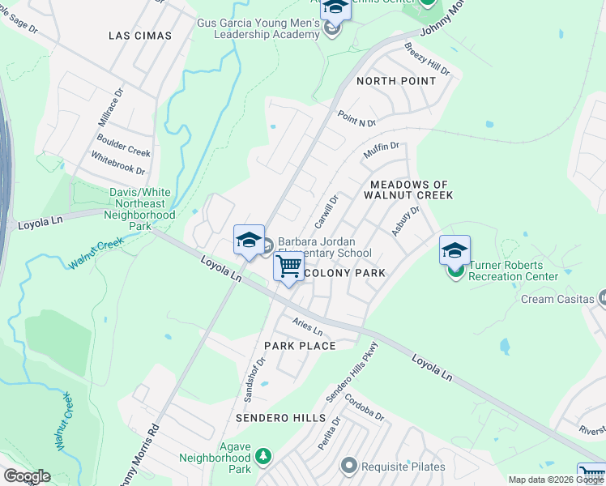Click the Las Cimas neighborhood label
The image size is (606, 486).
141,36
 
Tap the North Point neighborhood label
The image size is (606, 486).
396,81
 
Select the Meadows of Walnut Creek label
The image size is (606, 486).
408,190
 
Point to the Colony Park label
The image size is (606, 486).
344,273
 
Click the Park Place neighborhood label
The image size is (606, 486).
300,346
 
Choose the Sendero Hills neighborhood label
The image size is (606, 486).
280,418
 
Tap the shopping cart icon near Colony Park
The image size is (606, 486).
288,266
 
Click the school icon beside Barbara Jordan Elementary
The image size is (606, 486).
250,240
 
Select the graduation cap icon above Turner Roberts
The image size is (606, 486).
455,249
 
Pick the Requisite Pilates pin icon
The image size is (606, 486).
349,466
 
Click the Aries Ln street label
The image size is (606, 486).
308,327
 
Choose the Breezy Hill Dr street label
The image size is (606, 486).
426,58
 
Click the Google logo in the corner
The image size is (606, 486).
27,476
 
